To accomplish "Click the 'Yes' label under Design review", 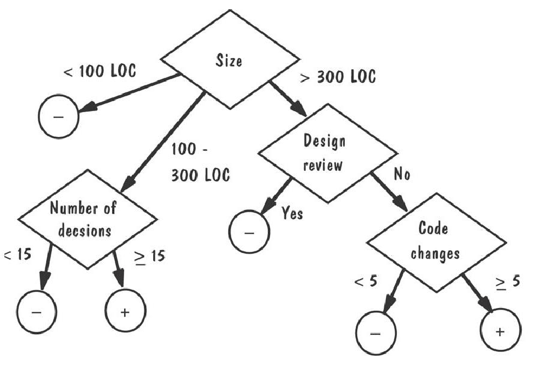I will (x=292, y=214).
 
